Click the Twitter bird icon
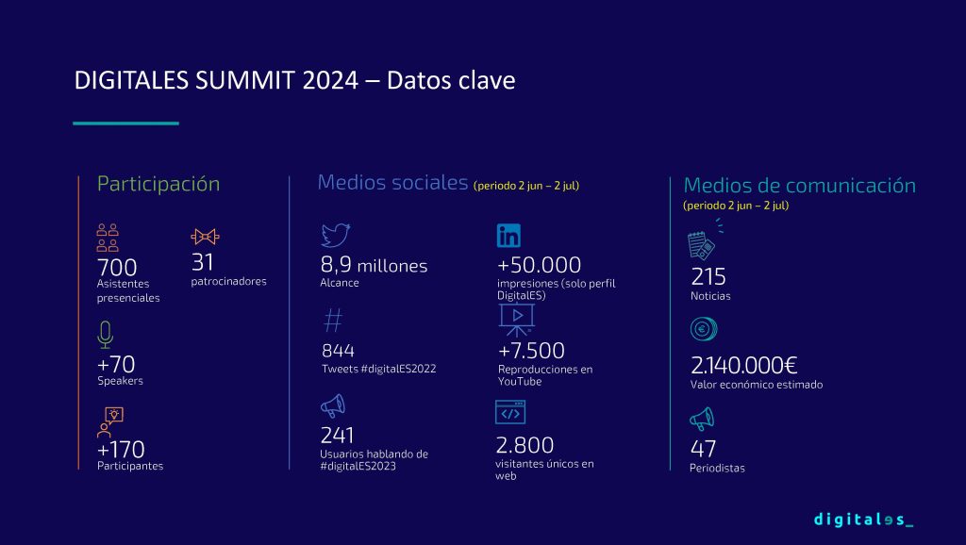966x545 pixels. (336, 235)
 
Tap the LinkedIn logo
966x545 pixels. (508, 235)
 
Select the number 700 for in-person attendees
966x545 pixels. (117, 268)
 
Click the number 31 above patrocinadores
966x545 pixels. (203, 262)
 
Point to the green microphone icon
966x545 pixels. (106, 335)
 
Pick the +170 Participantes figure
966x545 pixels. (121, 450)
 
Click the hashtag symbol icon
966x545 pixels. (333, 321)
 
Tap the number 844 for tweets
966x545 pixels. (339, 351)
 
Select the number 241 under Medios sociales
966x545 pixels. (337, 436)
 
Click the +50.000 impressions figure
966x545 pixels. (539, 265)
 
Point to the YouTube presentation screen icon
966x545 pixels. (517, 320)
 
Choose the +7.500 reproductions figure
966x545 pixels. (531, 351)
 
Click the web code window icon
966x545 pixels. (510, 412)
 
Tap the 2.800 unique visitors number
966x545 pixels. (525, 445)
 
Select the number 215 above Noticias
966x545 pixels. (708, 277)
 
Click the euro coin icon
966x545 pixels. (704, 329)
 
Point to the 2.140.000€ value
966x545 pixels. (744, 365)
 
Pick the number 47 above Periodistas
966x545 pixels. (703, 448)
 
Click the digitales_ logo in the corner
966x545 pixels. (863, 520)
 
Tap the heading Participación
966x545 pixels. (158, 184)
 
